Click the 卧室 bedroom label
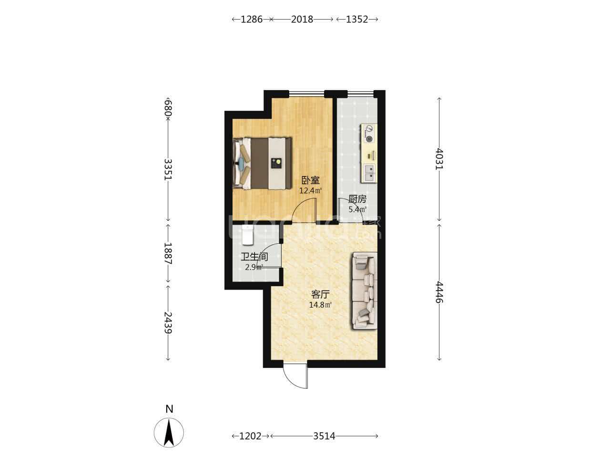(310, 180)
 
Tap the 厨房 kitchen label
(357, 199)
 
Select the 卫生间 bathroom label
(254, 256)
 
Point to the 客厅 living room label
(320, 294)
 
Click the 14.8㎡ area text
(320, 305)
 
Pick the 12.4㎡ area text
(310, 191)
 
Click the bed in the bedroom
(262, 164)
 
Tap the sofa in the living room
(365, 291)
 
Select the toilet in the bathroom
(248, 235)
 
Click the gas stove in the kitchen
(369, 133)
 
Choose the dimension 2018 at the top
(302, 20)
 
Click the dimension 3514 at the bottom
(324, 436)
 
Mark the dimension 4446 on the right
(439, 292)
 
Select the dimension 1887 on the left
(168, 253)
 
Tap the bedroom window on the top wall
(306, 94)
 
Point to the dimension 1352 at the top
(357, 20)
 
